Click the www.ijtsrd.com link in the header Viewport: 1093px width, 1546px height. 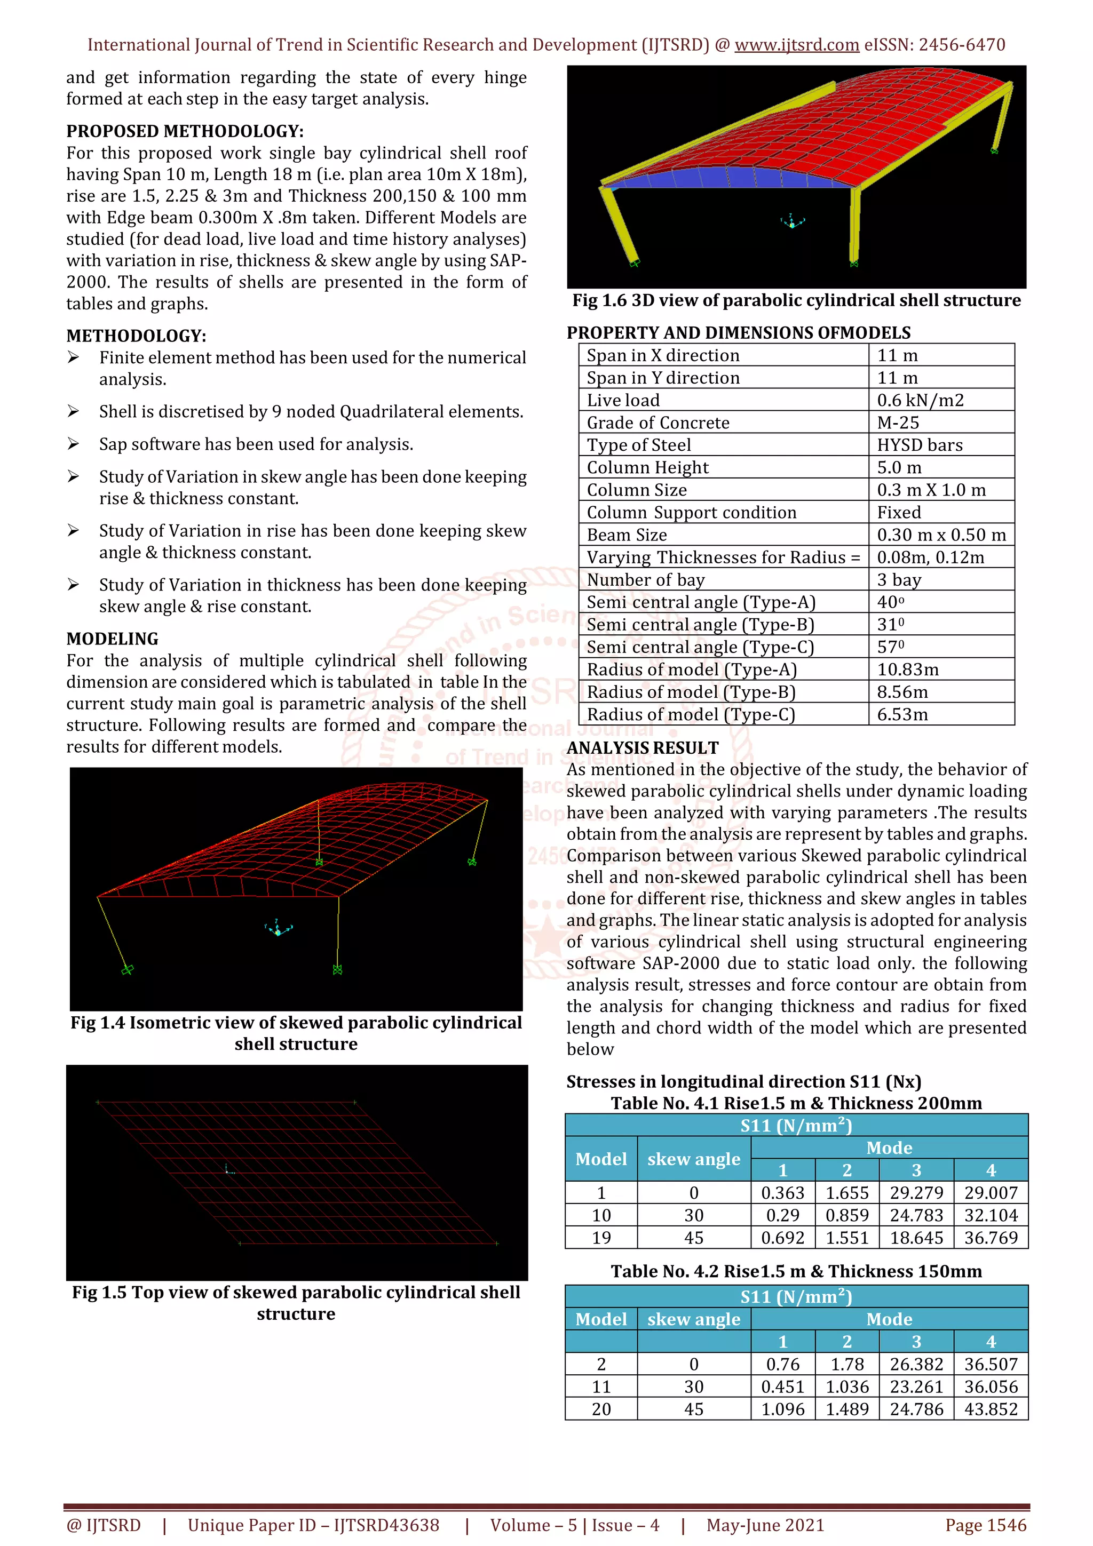tap(796, 45)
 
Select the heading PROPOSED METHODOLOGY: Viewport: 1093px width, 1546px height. tap(185, 131)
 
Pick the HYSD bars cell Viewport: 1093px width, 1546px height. tap(919, 444)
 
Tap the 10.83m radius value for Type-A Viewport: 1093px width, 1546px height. tap(907, 670)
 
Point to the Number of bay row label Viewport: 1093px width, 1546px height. tap(645, 580)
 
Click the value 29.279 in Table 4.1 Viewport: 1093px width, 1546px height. tap(916, 1192)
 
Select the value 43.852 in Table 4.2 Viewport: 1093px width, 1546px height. tap(990, 1409)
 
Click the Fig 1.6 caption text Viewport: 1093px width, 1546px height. tap(796, 300)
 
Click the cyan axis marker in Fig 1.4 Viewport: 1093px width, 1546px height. tap(278, 929)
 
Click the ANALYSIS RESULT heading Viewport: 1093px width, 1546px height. tap(642, 747)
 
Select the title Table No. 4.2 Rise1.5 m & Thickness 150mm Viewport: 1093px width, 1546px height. tap(796, 1271)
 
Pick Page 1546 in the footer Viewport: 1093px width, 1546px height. tap(985, 1525)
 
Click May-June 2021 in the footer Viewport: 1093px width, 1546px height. tap(765, 1525)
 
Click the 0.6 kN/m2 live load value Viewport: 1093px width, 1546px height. tap(920, 400)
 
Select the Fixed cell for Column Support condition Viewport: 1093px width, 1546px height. tap(898, 513)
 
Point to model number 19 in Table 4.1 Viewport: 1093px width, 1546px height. tap(601, 1238)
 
